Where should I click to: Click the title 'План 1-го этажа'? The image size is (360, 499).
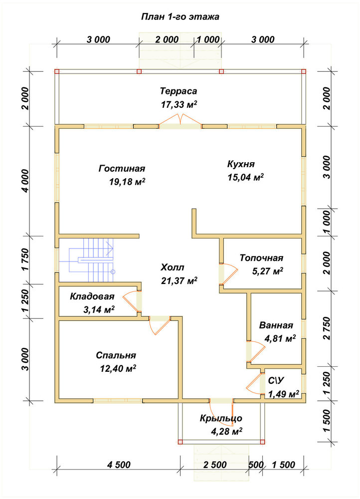coord(180,16)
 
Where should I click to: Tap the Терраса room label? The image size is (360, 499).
coord(179,91)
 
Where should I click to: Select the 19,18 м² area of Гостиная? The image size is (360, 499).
coord(127,182)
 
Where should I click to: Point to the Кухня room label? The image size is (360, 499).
coord(241,164)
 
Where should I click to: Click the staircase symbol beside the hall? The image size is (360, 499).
coord(92,260)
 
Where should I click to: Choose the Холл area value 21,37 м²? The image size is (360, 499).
coord(179,281)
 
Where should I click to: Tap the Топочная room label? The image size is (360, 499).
coord(261,258)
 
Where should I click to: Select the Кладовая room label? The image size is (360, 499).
coord(92,296)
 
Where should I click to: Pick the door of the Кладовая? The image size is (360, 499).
coord(132,301)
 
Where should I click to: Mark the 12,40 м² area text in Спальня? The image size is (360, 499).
coord(118,369)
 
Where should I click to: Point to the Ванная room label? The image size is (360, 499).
coord(276,325)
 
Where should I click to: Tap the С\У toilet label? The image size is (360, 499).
coord(276,381)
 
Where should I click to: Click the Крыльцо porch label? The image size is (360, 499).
coord(221,418)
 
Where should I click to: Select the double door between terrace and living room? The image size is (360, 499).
coord(180,123)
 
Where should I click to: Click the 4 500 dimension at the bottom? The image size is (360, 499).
coord(119,465)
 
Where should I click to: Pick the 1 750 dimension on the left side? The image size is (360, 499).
coord(26,259)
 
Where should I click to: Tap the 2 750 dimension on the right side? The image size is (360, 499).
coord(327,328)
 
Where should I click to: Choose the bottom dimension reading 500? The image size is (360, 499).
coord(256,465)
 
